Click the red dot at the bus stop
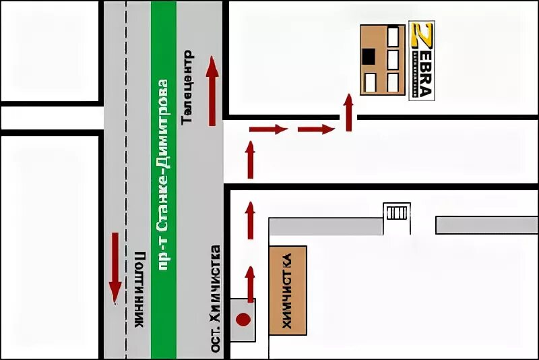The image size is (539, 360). click(243, 319)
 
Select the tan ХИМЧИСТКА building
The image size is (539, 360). click(288, 290)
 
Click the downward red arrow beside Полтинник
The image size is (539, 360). click(115, 267)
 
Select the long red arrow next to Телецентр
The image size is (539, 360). click(212, 90)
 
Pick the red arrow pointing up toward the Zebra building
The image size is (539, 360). click(348, 112)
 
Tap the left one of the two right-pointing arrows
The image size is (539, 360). click(268, 129)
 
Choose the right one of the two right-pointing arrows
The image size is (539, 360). click(316, 129)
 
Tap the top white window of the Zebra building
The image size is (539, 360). click(393, 36)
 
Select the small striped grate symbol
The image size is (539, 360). click(396, 212)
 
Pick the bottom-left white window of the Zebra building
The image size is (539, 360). click(370, 83)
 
